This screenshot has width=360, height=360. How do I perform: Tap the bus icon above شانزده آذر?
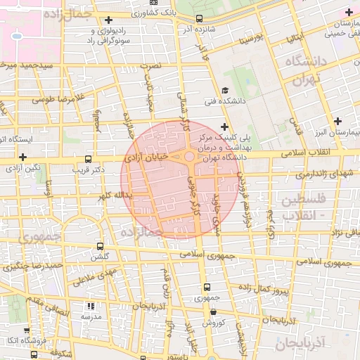click(199, 19)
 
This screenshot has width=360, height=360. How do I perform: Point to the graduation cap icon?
click(224, 90)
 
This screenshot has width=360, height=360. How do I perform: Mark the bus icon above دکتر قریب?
click(88, 160)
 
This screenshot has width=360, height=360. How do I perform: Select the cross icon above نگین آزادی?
click(23, 157)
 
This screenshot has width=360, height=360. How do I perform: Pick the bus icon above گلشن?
click(100, 247)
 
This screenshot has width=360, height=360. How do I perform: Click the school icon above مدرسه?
click(90, 307)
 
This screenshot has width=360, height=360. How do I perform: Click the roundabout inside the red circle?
click(189, 157)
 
